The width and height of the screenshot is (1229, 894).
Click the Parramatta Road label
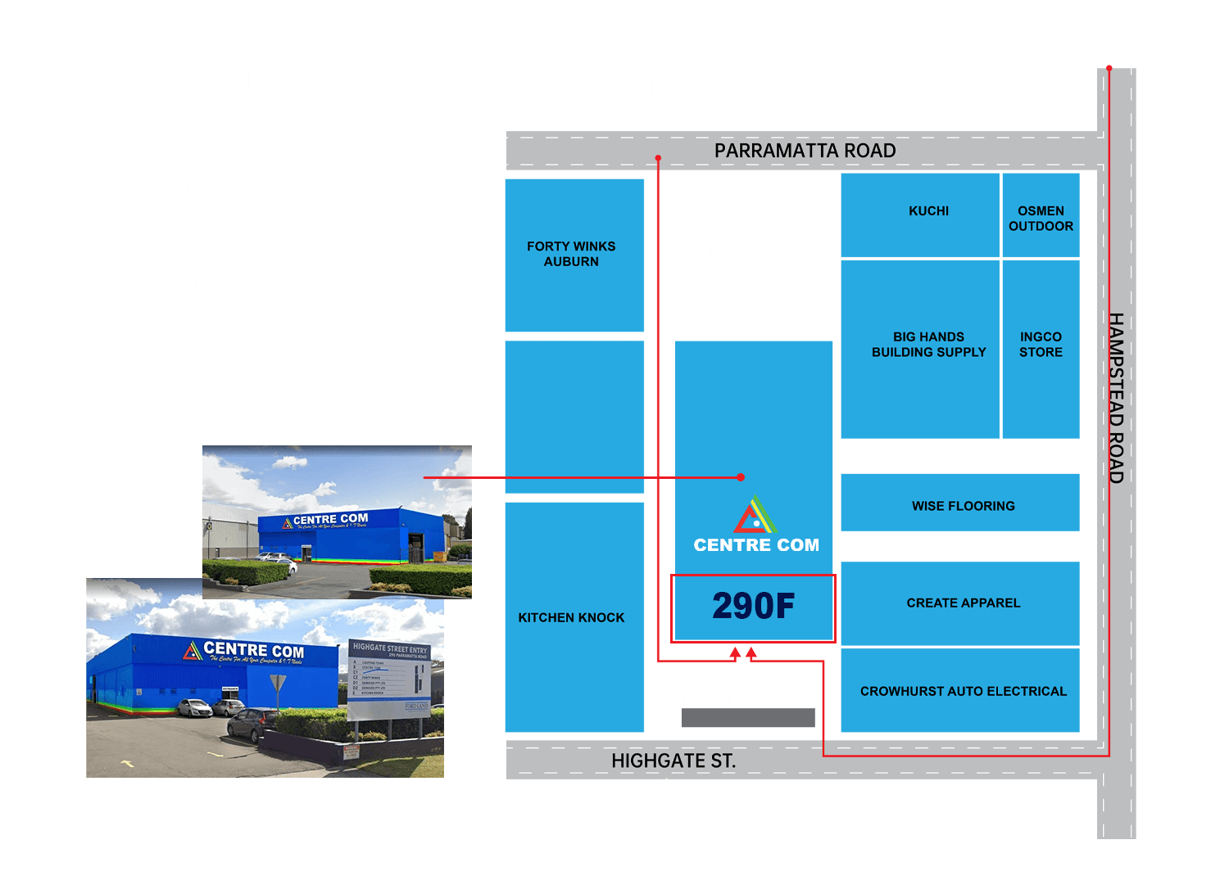click(805, 151)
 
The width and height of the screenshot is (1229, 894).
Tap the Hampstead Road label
click(1115, 398)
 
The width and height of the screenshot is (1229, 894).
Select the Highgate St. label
click(673, 761)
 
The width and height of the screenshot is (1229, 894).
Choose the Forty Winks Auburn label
click(571, 254)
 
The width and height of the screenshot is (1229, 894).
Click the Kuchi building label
click(928, 211)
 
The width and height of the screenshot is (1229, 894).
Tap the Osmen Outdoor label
click(1041, 219)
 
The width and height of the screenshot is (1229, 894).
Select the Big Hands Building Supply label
click(928, 345)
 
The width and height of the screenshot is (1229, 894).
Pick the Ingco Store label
click(1041, 345)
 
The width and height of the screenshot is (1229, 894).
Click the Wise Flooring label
click(963, 506)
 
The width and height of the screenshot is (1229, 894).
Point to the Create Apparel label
click(963, 603)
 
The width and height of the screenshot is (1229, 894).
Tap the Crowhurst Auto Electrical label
click(963, 691)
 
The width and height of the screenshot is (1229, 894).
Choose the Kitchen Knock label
click(571, 617)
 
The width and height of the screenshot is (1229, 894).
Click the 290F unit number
click(753, 607)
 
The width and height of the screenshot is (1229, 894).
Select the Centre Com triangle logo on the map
click(755, 517)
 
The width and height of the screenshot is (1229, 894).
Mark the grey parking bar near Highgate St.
click(747, 717)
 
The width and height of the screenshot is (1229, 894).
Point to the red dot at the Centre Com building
click(741, 476)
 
